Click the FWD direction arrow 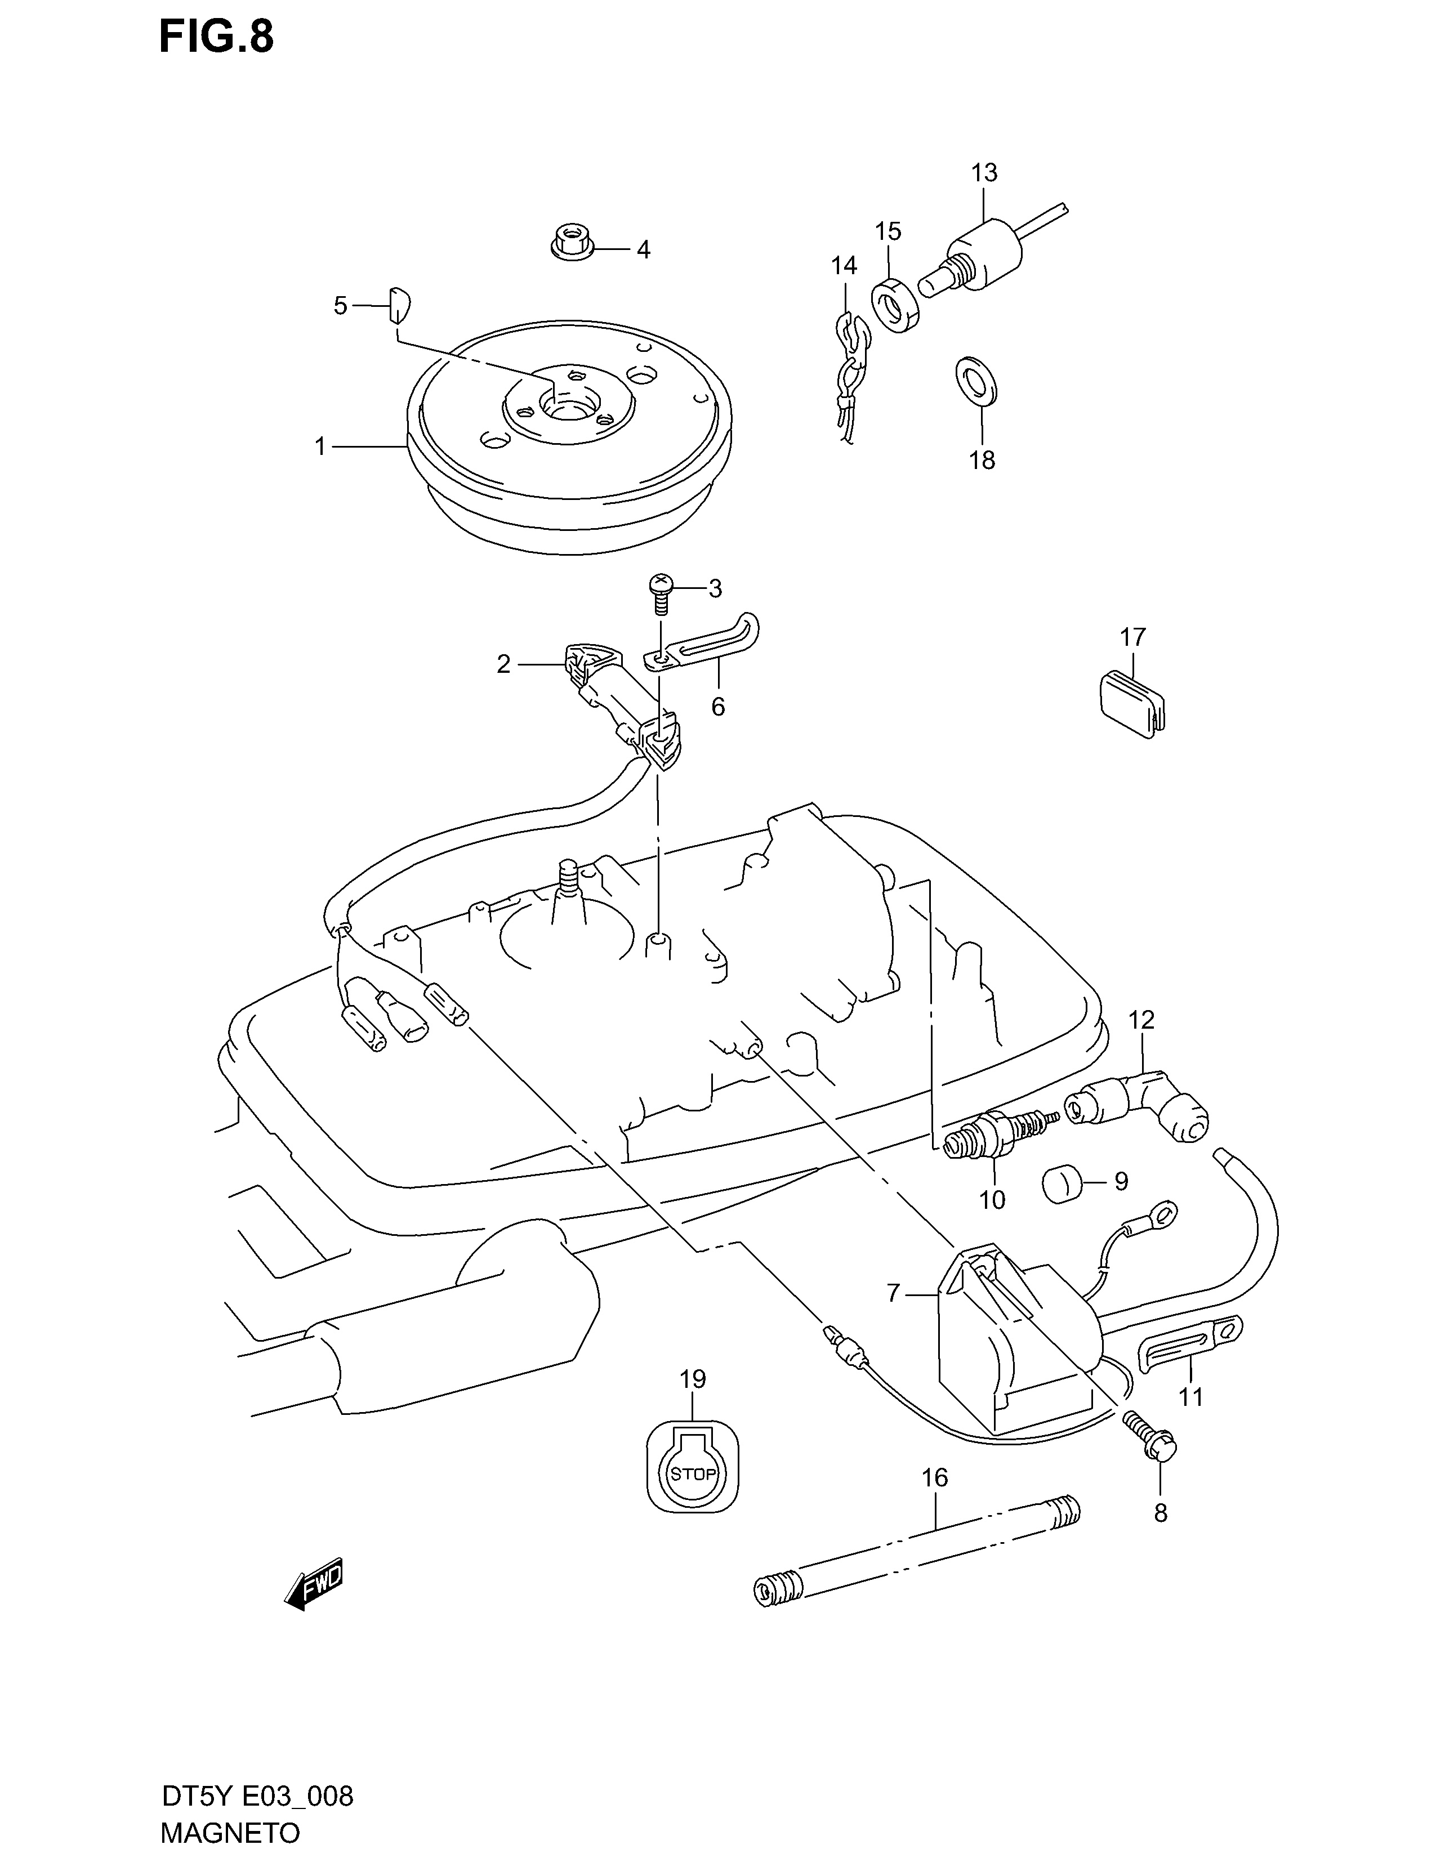314,1583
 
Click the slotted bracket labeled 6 703,646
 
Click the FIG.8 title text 217,37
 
